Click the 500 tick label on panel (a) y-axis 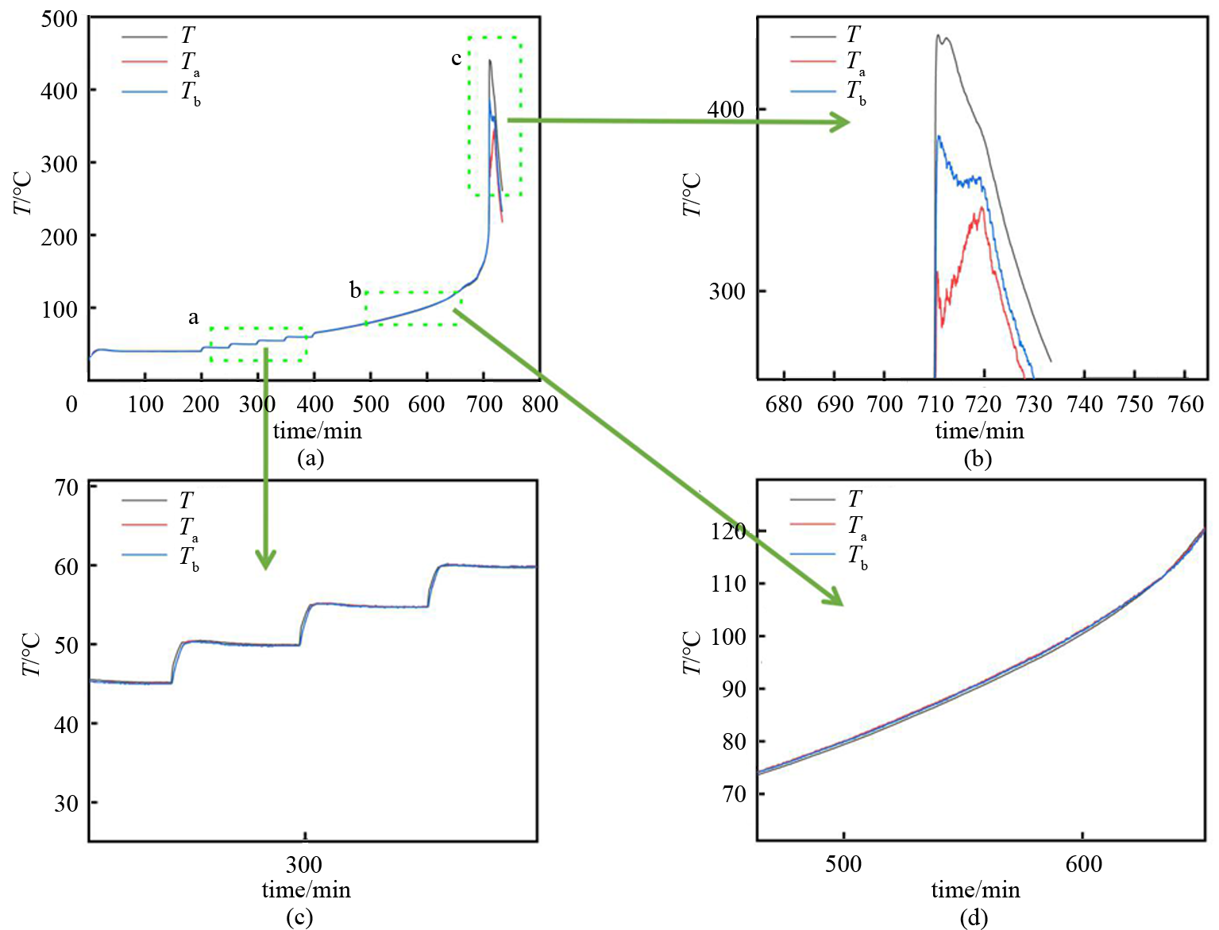pos(59,18)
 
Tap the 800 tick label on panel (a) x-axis pos(540,404)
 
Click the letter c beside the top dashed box pos(456,58)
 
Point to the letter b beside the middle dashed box pos(356,290)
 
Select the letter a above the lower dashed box pos(193,318)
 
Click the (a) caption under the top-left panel pos(310,458)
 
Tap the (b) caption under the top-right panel pos(978,459)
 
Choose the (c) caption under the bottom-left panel pos(299,917)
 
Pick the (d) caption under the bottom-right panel pos(974,918)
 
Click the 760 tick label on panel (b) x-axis pos(1186,404)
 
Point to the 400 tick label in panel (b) pos(726,110)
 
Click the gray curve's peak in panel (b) pos(938,36)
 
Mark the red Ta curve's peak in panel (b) pos(982,208)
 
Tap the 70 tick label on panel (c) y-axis pos(67,487)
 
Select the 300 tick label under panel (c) pos(304,864)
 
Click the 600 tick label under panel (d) pos(1083,864)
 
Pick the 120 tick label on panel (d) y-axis pos(728,531)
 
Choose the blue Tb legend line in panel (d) pos(813,554)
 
